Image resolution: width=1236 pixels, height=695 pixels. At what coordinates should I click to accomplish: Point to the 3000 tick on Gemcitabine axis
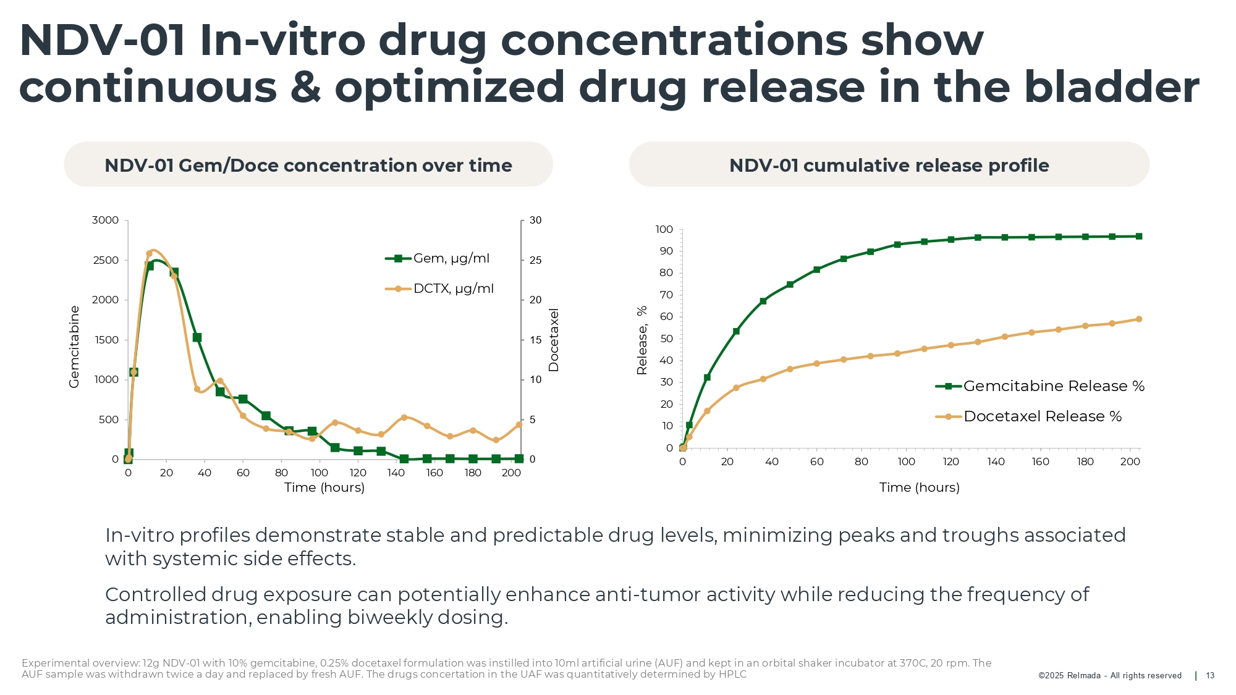tap(105, 221)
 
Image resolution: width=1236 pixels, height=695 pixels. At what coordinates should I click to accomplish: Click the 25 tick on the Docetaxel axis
tap(535, 260)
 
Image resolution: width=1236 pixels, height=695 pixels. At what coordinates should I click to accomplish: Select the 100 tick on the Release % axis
tap(664, 230)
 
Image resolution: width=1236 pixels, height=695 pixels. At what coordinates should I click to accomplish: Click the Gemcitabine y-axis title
tap(75, 347)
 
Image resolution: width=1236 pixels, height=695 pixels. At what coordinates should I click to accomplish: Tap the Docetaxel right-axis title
tap(554, 340)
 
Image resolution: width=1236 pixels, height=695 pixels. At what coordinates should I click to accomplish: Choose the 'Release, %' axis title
tap(642, 340)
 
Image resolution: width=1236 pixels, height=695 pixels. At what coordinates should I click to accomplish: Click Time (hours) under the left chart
tap(324, 487)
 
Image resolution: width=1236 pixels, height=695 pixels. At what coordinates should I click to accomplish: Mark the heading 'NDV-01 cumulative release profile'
tap(889, 166)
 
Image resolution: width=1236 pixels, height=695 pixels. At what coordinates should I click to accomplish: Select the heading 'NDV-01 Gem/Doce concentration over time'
tap(308, 166)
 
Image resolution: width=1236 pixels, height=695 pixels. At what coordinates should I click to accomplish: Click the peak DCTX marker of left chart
tap(149, 253)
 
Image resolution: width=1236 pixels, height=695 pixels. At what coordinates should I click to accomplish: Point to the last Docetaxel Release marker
tap(1139, 319)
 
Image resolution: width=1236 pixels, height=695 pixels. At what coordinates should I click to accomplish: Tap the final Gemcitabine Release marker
tap(1139, 237)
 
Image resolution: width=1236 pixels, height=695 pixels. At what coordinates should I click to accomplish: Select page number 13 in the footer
tap(1210, 676)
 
